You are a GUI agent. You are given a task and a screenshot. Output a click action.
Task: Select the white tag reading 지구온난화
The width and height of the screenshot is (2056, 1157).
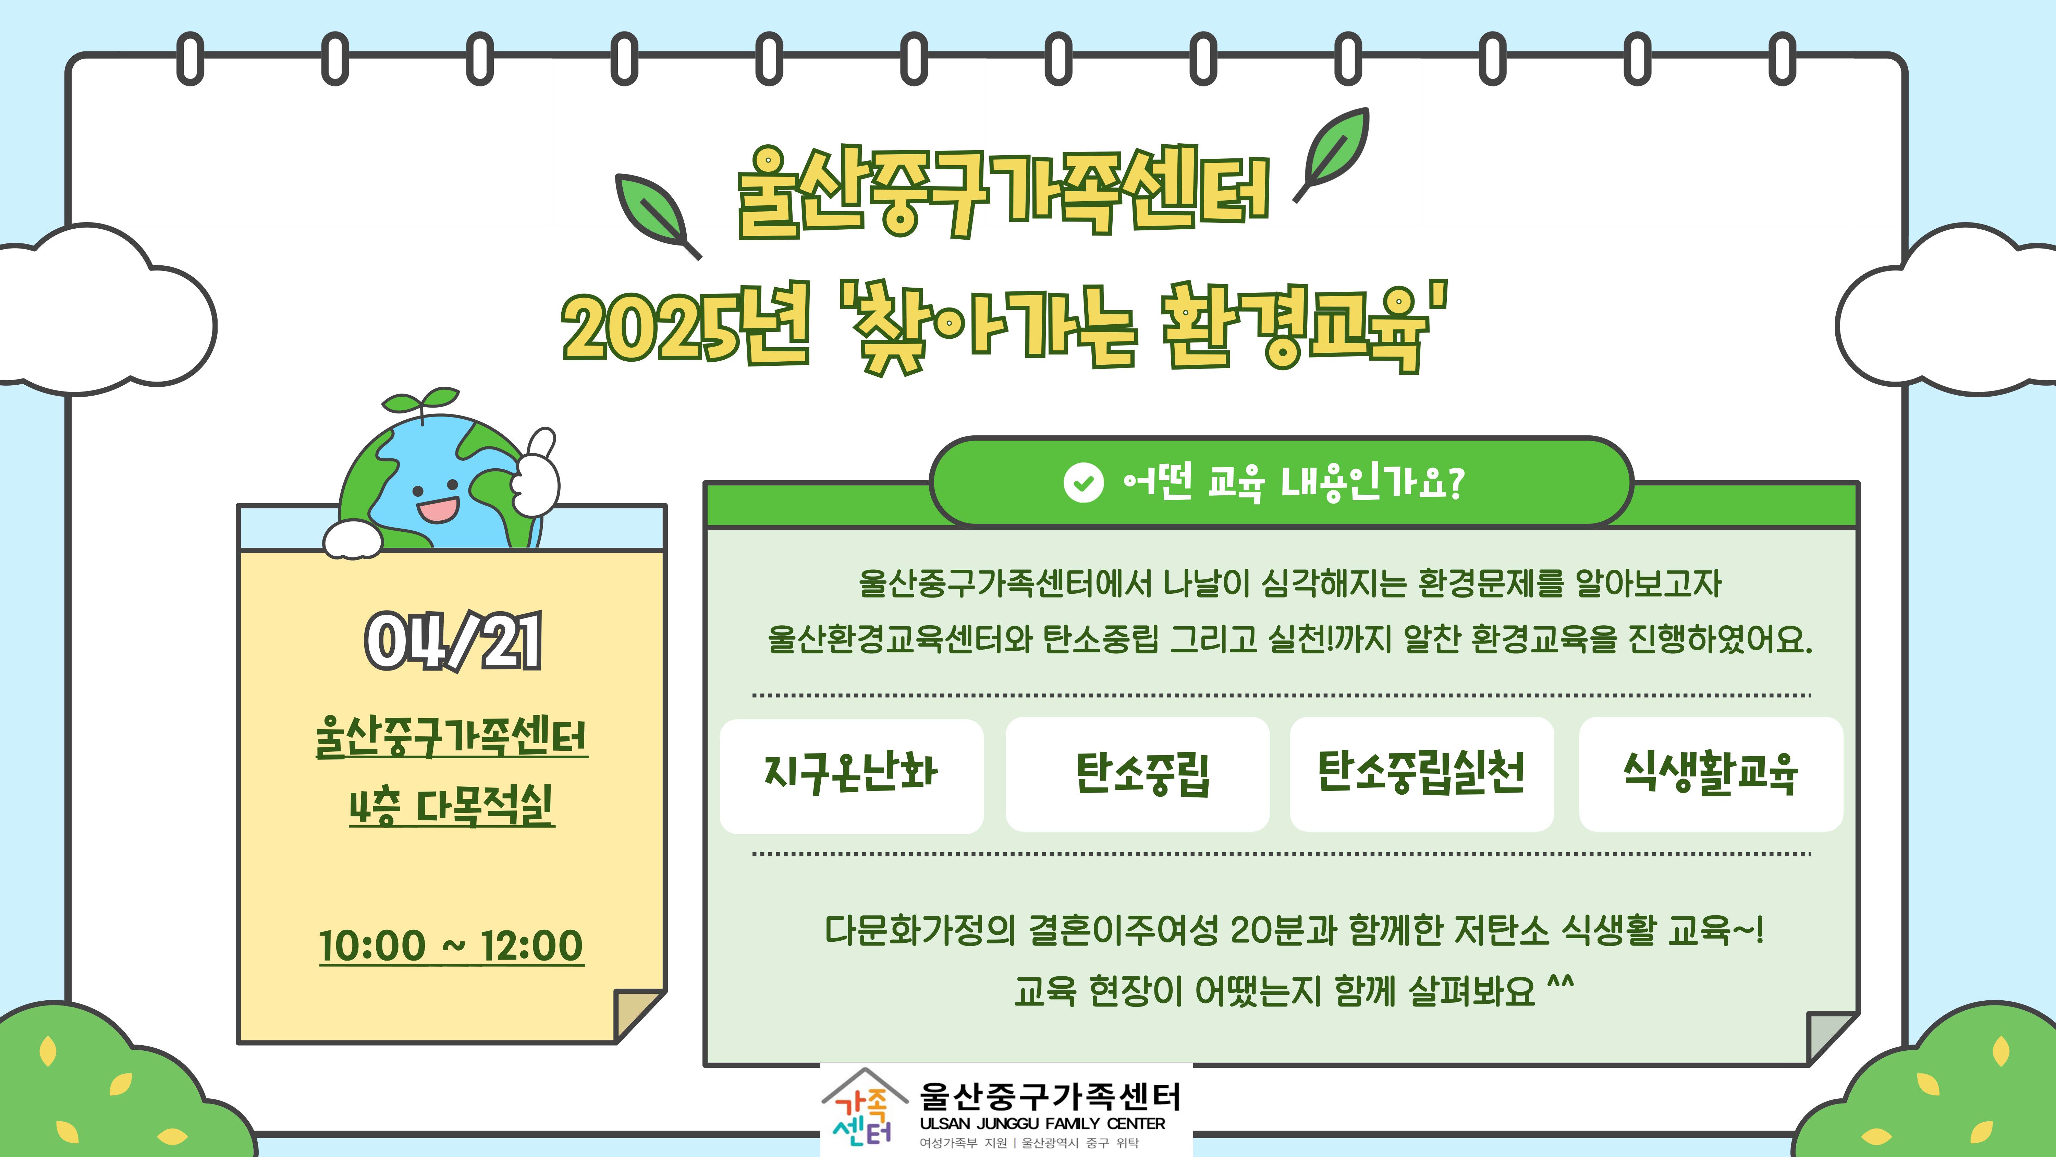click(x=852, y=775)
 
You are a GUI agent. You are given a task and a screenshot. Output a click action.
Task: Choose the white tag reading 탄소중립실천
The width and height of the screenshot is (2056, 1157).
click(x=1421, y=774)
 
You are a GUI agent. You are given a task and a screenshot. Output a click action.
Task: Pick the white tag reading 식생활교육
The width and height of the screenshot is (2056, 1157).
click(x=1710, y=774)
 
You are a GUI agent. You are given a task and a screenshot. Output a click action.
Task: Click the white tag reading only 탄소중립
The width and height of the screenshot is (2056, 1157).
click(x=1137, y=774)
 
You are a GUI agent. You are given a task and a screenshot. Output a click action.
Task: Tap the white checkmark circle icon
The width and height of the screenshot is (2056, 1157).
click(x=1083, y=482)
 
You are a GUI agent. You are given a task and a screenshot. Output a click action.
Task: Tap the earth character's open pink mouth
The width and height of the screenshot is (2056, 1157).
click(x=437, y=509)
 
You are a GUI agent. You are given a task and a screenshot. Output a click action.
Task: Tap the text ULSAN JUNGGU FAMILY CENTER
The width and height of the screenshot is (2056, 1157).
click(x=1042, y=1123)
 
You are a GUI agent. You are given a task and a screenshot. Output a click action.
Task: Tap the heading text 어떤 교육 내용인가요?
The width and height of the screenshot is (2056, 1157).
click(x=1293, y=482)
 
